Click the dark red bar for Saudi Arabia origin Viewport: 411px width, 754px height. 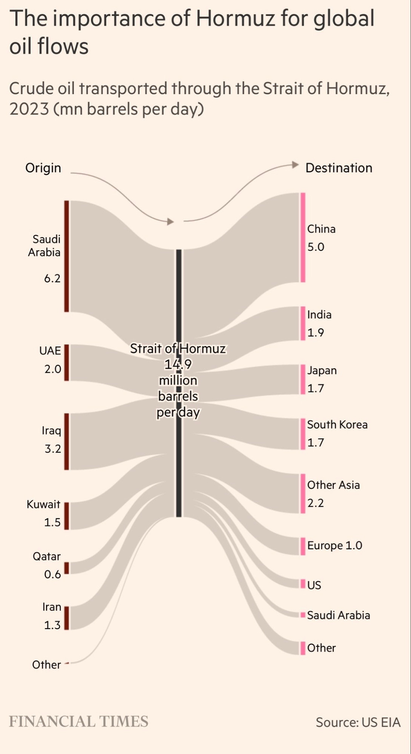[x=67, y=256]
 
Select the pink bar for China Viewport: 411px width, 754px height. [x=303, y=237]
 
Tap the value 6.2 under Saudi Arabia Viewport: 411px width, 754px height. [x=52, y=278]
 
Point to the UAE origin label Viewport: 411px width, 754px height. [x=50, y=351]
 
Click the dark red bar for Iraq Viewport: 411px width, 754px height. [x=67, y=441]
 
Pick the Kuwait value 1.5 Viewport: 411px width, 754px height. [x=52, y=522]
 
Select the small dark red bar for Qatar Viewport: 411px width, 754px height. [x=67, y=568]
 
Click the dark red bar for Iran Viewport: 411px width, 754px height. [x=67, y=618]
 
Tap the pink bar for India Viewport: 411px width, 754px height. [x=303, y=323]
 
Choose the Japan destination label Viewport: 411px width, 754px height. [x=322, y=370]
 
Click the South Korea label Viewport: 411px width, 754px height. [x=337, y=425]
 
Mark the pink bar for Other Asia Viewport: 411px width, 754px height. [x=303, y=493]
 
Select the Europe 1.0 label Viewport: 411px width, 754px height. [x=334, y=546]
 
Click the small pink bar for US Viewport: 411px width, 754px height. [x=303, y=584]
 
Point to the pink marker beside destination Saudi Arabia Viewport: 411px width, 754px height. [x=303, y=615]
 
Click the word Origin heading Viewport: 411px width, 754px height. [x=43, y=168]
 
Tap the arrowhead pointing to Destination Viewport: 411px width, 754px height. [x=295, y=165]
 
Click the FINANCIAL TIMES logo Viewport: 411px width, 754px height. [x=78, y=721]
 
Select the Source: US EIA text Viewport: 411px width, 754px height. [x=358, y=722]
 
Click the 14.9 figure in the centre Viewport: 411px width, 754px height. [x=178, y=364]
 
